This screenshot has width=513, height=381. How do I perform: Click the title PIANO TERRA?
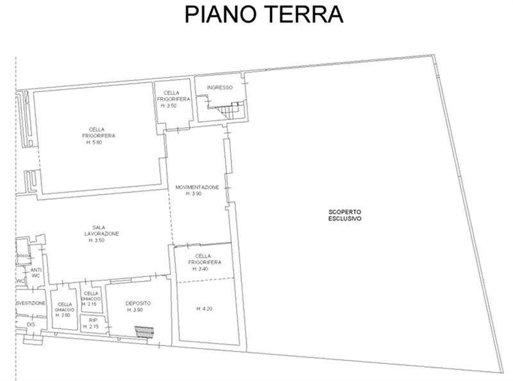pos(264,14)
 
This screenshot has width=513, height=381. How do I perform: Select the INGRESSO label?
pos(219,87)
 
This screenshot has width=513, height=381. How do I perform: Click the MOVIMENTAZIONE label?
pos(198,187)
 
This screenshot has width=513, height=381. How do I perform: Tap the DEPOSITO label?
pos(138,303)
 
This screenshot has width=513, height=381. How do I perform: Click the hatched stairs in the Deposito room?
pos(146,332)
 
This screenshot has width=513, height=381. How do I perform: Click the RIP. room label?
pos(93,319)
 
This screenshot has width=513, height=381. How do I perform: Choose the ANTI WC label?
pos(36,274)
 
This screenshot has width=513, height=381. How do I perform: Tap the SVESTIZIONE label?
pos(31,303)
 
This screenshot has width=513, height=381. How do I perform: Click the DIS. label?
pos(30,325)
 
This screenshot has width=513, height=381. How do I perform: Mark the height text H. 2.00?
pos(64,316)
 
